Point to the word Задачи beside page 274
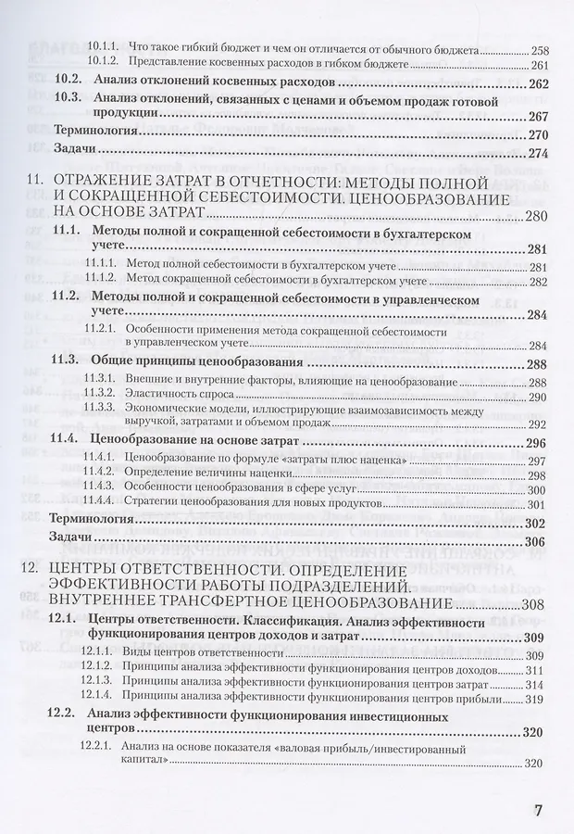click(x=78, y=153)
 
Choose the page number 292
click(x=538, y=424)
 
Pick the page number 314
click(x=538, y=684)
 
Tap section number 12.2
click(x=66, y=716)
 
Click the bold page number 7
click(x=539, y=808)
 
